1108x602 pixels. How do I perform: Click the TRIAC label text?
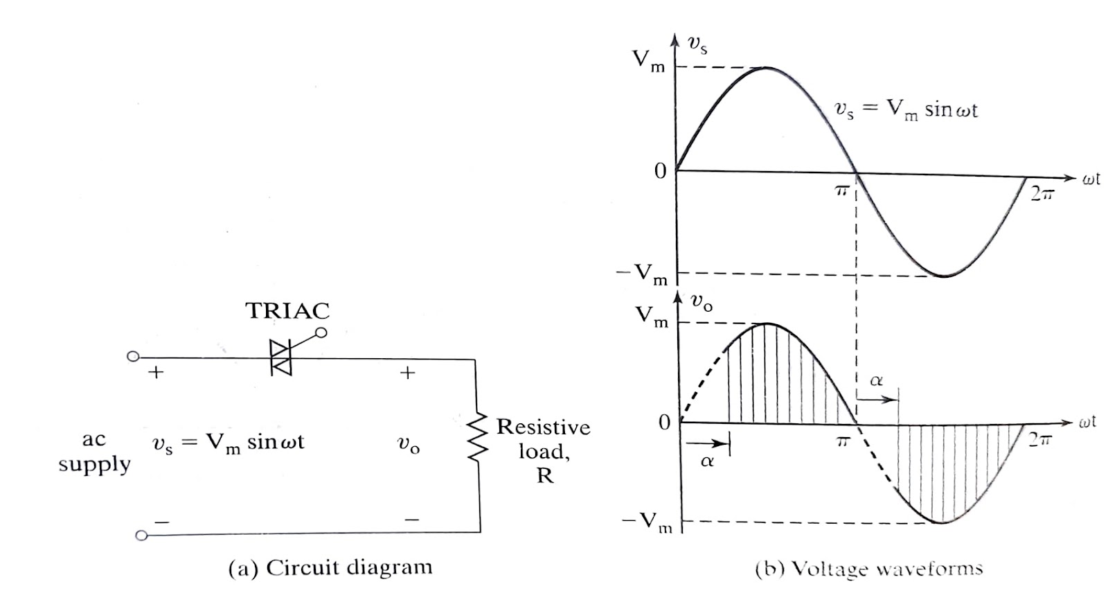(287, 311)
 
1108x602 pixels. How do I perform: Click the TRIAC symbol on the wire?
(281, 358)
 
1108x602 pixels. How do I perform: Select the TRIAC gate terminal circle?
(320, 333)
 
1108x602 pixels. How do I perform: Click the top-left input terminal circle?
(133, 357)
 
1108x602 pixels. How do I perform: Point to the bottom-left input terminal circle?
(141, 535)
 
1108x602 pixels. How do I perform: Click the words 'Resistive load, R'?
(544, 450)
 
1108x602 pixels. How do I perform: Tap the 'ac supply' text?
(94, 451)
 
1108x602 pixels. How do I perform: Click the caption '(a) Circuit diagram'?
(330, 568)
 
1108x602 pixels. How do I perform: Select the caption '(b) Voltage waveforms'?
(869, 569)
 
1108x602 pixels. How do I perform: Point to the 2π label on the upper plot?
(1042, 195)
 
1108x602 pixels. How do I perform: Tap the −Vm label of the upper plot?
(642, 274)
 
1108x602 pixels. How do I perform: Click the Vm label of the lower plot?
(652, 317)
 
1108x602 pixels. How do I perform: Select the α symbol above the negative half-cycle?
(876, 380)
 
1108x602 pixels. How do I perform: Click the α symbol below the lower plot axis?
(706, 461)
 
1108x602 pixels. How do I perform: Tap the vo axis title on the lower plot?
(701, 303)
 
